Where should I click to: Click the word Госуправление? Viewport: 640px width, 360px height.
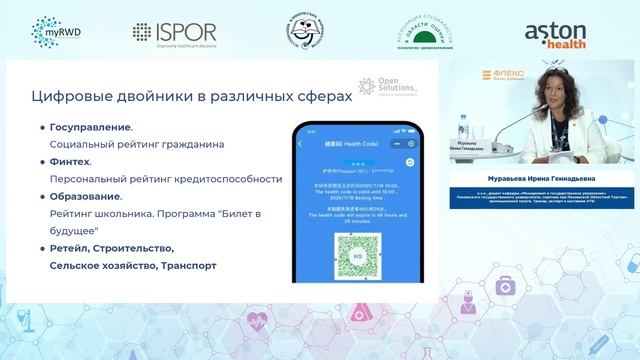click(90, 128)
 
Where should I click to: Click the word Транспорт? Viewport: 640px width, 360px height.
click(184, 266)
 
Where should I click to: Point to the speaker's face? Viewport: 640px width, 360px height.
click(552, 95)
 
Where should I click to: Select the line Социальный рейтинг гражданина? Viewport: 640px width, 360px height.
click(136, 144)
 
